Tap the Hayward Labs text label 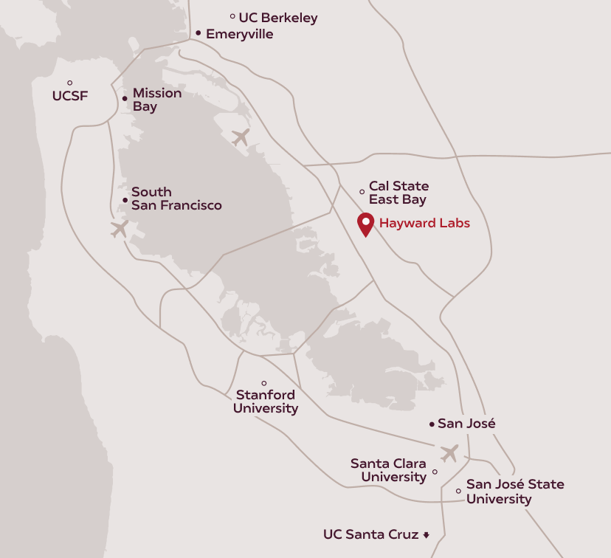(424, 223)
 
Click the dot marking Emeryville (199, 33)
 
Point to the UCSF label (70, 95)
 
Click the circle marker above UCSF (70, 83)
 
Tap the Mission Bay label (156, 100)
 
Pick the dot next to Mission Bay (125, 97)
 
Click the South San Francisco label (176, 199)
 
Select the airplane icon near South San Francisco (119, 229)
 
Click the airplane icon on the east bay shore (241, 137)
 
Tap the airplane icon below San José (449, 452)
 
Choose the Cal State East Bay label (398, 193)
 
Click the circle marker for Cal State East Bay (362, 192)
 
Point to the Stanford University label (266, 402)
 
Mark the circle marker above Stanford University (264, 383)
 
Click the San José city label (466, 424)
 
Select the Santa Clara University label (388, 470)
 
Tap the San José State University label (514, 492)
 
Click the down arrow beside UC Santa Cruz (426, 534)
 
